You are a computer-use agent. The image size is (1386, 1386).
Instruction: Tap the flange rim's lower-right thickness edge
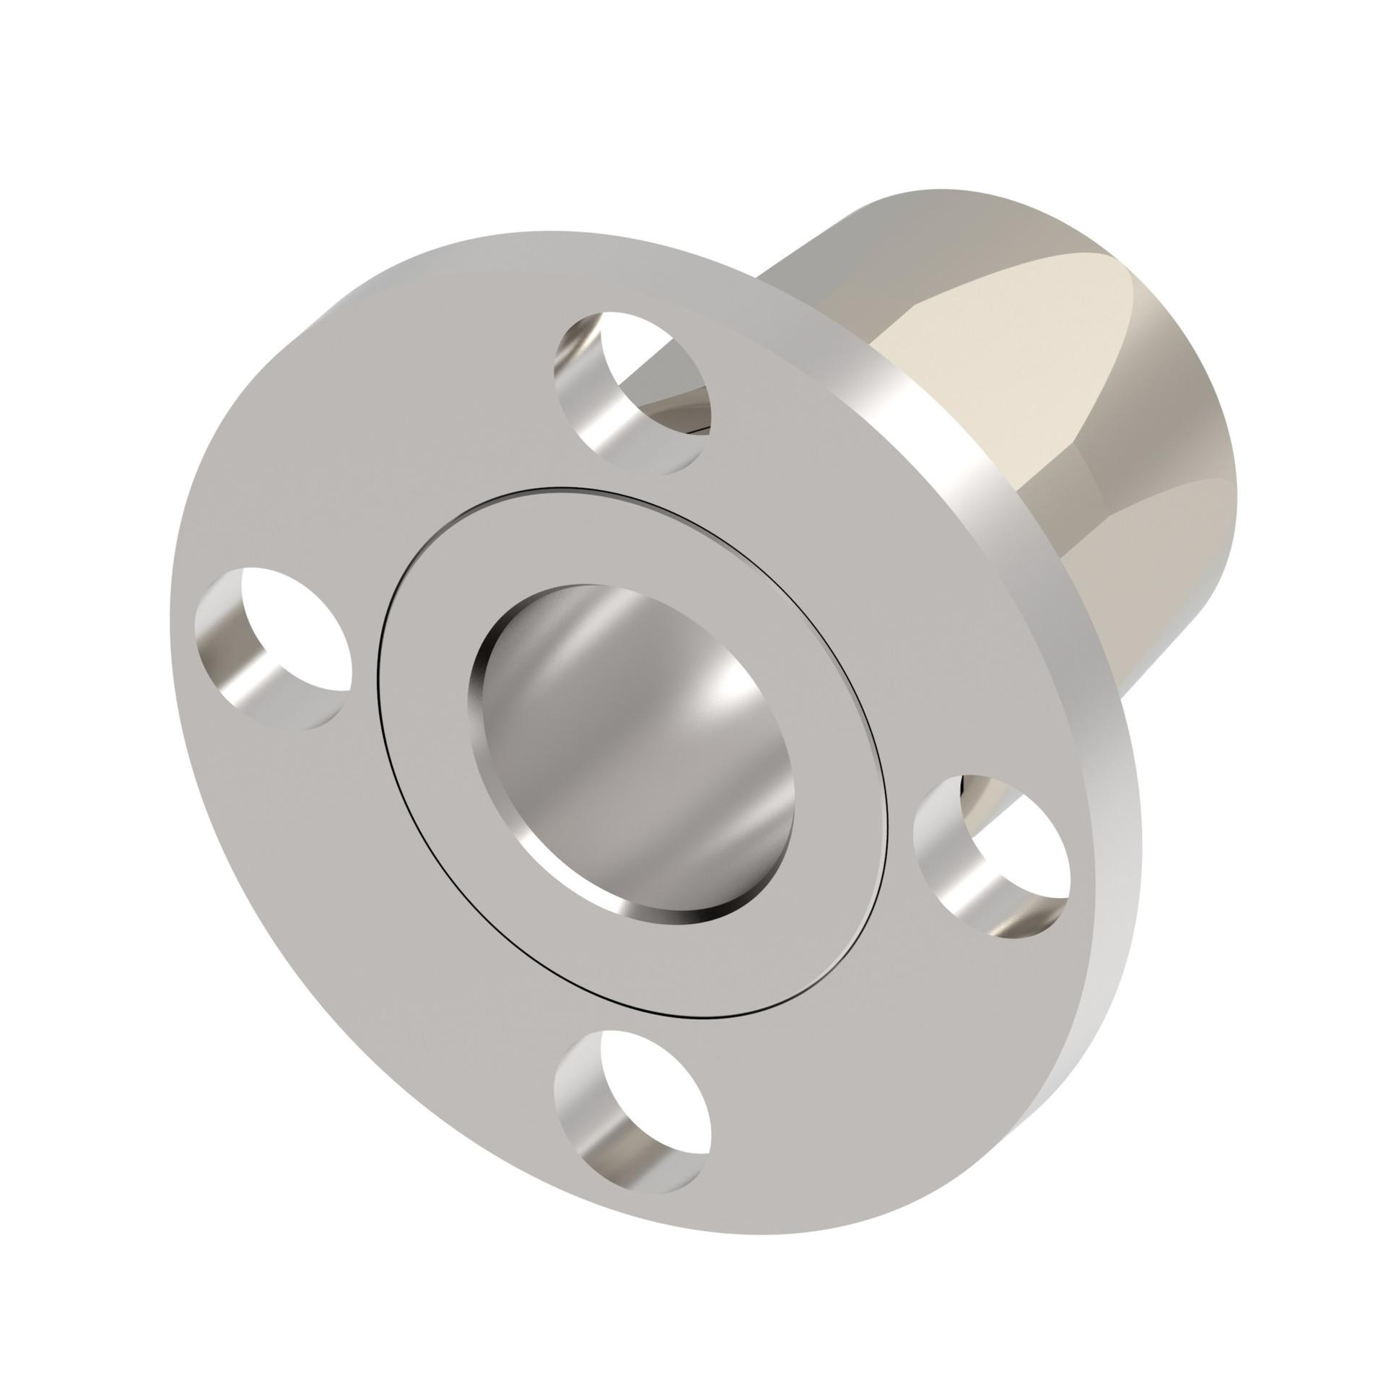click(x=1083, y=1083)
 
